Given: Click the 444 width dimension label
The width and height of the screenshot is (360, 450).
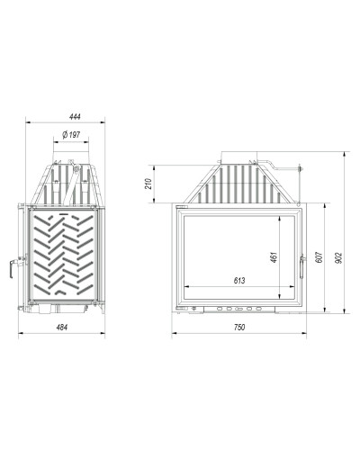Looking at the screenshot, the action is (x=75, y=117).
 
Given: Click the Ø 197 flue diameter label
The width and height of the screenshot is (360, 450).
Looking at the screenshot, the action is (x=71, y=135).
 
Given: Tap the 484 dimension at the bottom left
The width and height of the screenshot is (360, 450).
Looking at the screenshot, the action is (x=62, y=327).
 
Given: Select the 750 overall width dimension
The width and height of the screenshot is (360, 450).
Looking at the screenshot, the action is (x=239, y=327).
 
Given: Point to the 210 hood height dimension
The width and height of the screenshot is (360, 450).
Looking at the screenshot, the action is (x=148, y=184).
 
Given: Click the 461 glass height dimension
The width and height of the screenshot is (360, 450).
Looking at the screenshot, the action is (x=274, y=257).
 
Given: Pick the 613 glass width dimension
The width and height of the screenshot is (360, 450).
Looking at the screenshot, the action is (x=239, y=281).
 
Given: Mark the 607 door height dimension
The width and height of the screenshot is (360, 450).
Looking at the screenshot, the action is (x=319, y=257).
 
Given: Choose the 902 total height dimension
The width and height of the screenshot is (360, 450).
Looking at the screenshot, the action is (x=338, y=258).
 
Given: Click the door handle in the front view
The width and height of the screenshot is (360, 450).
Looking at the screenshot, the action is (x=302, y=265).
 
